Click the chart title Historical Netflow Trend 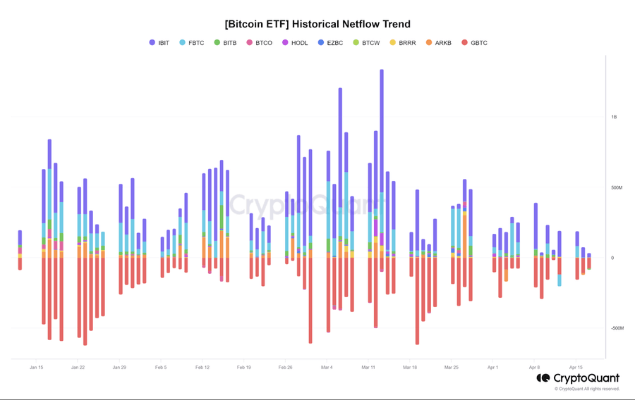317,24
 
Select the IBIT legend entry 159,43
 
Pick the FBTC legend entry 192,43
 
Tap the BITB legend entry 226,43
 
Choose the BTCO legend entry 260,43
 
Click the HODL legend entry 295,43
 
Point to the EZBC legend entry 330,43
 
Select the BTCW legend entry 366,43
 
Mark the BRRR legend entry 403,43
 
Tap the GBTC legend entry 474,43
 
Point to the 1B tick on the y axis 614,118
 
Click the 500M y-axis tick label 617,188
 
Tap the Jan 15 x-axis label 37,368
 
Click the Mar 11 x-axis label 368,368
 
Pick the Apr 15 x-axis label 576,368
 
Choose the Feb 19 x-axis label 243,368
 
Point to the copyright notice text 586,389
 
